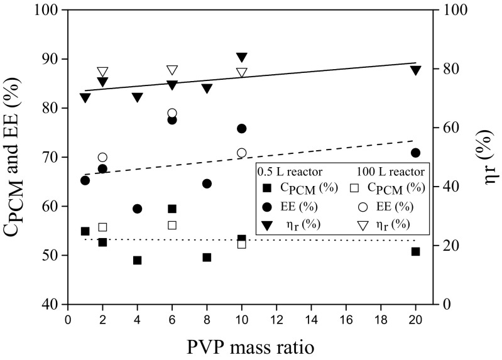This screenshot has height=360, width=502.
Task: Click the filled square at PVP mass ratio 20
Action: click(415, 251)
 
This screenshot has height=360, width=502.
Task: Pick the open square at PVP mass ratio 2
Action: click(102, 227)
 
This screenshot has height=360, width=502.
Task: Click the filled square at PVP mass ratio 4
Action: click(137, 260)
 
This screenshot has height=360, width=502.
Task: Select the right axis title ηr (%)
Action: click(486, 157)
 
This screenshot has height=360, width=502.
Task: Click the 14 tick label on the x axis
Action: click(310, 319)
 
